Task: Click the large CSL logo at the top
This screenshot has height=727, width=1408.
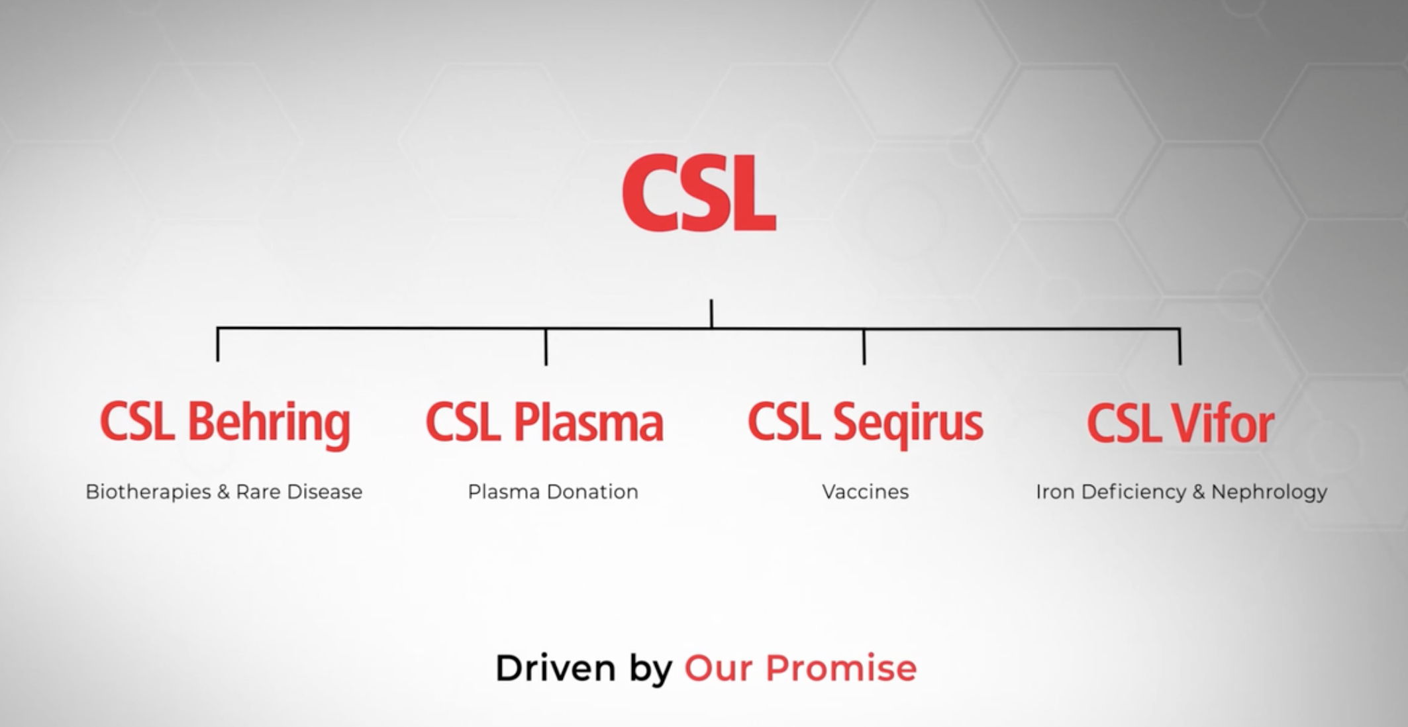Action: (699, 193)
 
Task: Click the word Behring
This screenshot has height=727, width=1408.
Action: (269, 424)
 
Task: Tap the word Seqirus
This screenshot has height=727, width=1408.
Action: (908, 423)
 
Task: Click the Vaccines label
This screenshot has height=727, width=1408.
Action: (866, 492)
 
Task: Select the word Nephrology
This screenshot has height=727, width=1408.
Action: (1269, 493)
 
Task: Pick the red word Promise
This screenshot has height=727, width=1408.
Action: (841, 667)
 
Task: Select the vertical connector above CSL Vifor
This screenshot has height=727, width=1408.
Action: (1180, 346)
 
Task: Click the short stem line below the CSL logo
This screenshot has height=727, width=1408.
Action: (711, 314)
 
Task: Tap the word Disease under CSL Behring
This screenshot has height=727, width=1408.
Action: (325, 492)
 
